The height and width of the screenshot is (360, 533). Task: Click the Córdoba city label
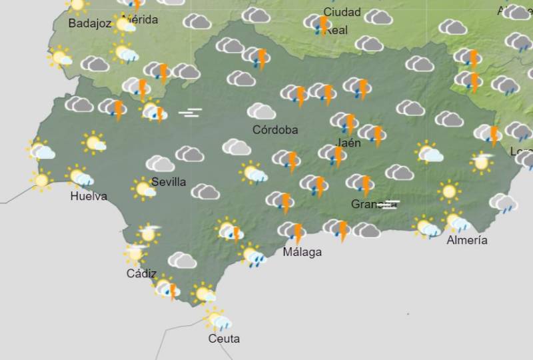coord(275,130)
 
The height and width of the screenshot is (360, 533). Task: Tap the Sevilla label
coord(169,182)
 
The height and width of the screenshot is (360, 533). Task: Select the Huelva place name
coord(88,196)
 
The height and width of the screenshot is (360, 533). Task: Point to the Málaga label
coord(302,252)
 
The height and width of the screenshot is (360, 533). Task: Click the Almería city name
coord(467,240)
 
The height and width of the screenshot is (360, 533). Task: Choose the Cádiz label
coord(141,273)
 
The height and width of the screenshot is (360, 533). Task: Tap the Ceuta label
coord(223,339)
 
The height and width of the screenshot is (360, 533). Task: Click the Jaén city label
coord(349,143)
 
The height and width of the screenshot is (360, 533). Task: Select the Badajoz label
coord(89,23)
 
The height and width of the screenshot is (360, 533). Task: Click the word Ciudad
coord(342,12)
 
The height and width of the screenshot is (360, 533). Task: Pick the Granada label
coord(370,204)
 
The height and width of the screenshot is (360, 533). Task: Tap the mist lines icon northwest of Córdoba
coord(190,113)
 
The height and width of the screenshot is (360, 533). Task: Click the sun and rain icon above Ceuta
coord(217,320)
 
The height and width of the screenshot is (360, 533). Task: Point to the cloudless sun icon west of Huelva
coord(41,179)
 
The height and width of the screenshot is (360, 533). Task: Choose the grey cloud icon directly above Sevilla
coord(160,163)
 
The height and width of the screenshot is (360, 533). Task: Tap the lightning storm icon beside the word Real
coord(319,25)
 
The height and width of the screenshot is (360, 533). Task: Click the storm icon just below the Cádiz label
coord(167,289)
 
